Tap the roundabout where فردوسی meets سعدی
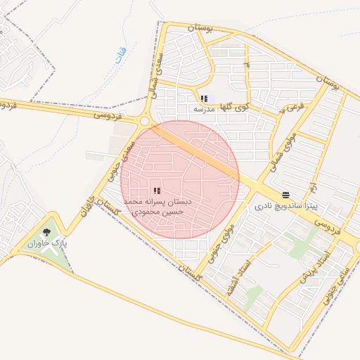click(145, 122)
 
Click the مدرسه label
click(204, 110)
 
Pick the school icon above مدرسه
click(204, 98)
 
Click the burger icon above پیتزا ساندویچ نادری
click(285, 195)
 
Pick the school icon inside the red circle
click(156, 190)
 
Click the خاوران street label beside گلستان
click(88, 198)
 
